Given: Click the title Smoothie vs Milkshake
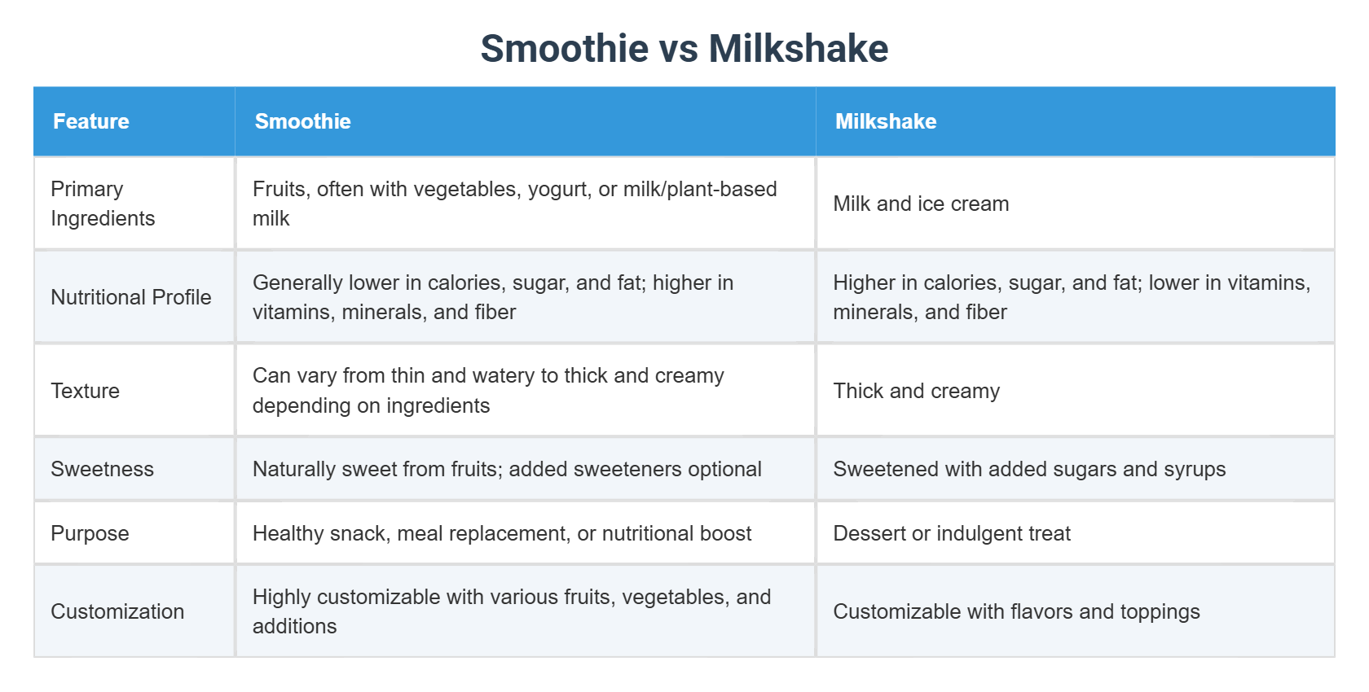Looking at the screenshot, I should pyautogui.click(x=684, y=49).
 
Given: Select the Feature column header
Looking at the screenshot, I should pyautogui.click(x=91, y=121).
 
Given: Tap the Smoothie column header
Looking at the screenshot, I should pyautogui.click(x=302, y=121).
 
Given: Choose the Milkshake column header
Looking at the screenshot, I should pyautogui.click(x=886, y=121).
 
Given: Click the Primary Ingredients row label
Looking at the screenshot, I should pyautogui.click(x=103, y=204).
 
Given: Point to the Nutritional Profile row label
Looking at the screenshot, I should pyautogui.click(x=130, y=297).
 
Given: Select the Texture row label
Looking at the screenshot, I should pyautogui.click(x=85, y=391).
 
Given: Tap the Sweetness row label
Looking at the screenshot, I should pyautogui.click(x=102, y=469).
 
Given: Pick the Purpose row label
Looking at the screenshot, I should pyautogui.click(x=90, y=533).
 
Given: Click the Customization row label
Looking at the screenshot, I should pyautogui.click(x=117, y=611).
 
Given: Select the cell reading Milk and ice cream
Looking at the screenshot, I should pyautogui.click(x=921, y=204).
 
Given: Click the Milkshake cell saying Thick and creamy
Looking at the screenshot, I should pyautogui.click(x=916, y=391).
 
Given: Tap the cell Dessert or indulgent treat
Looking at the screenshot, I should pyautogui.click(x=952, y=533).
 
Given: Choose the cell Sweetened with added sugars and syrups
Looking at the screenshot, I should pyautogui.click(x=1029, y=469).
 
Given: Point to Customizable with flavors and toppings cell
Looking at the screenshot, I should pyautogui.click(x=1016, y=611).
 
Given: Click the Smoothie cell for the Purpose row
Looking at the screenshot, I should pyautogui.click(x=502, y=533).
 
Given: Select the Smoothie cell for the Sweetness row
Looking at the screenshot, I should pyautogui.click(x=507, y=469).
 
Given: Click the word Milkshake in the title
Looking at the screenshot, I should pyautogui.click(x=799, y=49).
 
